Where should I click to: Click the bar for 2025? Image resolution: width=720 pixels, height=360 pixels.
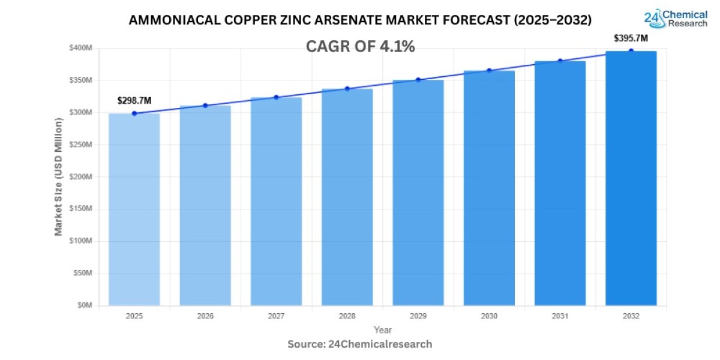tap(134, 210)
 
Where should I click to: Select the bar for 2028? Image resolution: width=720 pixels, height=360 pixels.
tap(347, 198)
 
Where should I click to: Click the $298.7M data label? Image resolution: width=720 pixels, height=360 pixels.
tap(134, 100)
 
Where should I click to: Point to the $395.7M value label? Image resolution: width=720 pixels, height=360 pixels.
tap(631, 38)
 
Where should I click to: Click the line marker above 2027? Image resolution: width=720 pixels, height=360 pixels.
tap(276, 97)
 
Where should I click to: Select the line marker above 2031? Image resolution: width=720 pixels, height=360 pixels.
tap(560, 61)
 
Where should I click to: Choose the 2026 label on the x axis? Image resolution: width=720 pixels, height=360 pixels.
tap(205, 316)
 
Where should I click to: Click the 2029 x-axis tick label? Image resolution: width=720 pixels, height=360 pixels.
tap(418, 316)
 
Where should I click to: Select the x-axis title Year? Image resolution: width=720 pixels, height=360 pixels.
tap(383, 329)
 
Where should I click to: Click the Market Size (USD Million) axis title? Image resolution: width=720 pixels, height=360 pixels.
tap(59, 176)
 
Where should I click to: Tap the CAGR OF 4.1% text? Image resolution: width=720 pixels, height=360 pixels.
tap(361, 47)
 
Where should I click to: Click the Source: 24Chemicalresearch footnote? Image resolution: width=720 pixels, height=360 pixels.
tap(360, 344)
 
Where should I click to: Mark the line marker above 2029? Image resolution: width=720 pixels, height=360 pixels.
tap(418, 80)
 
